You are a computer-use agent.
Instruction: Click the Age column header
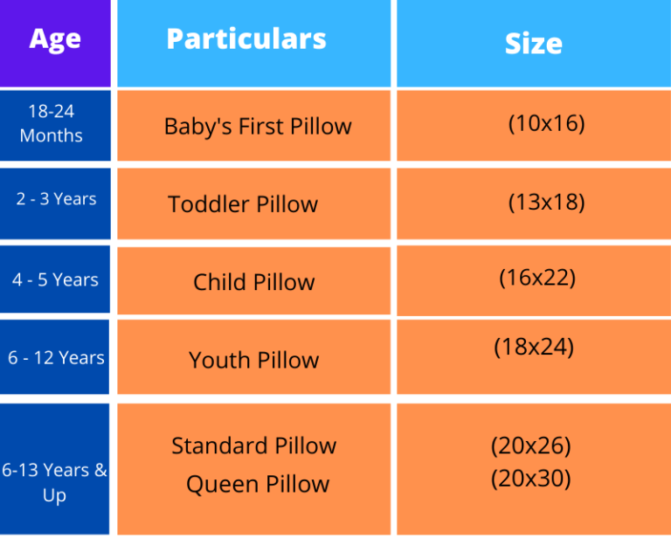(x=55, y=40)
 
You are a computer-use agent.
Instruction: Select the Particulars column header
(x=246, y=38)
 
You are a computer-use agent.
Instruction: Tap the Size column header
(x=533, y=44)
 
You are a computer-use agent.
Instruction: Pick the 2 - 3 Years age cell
(x=56, y=199)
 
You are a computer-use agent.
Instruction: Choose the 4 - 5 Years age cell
(x=55, y=280)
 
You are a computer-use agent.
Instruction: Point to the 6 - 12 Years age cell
(x=56, y=358)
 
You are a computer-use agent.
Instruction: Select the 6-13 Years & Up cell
(x=54, y=482)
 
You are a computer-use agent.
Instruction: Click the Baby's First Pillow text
(x=258, y=127)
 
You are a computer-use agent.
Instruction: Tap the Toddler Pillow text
(x=243, y=204)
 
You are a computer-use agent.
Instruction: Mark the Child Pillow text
(x=253, y=282)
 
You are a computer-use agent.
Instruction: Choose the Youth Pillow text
(x=253, y=360)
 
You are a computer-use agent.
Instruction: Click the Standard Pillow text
(x=253, y=445)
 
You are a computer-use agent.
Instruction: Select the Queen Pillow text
(x=258, y=484)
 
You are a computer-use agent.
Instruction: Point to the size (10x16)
(x=546, y=123)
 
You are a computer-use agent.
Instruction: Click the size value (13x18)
(x=546, y=203)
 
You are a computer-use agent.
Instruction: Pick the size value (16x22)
(x=537, y=278)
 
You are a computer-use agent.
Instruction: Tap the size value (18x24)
(x=534, y=347)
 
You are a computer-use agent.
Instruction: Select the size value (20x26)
(x=530, y=445)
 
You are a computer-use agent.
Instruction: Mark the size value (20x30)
(x=530, y=479)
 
